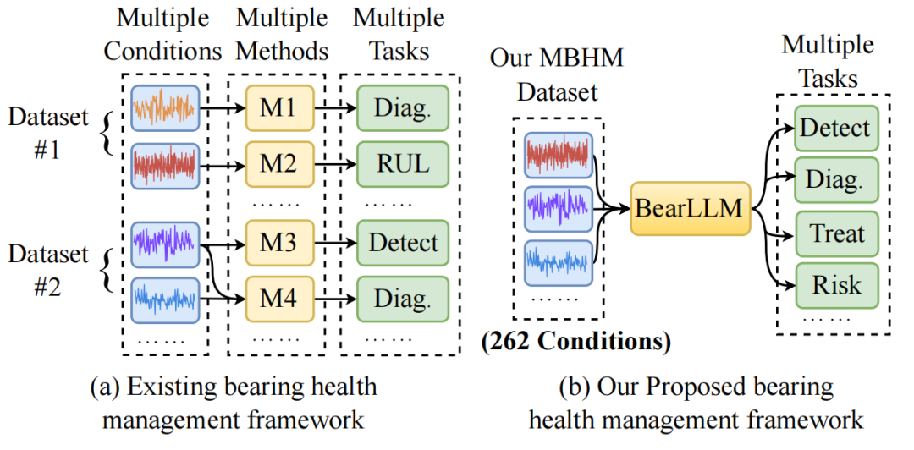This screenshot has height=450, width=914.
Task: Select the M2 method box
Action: tap(280, 164)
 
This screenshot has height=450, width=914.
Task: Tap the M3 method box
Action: tap(280, 243)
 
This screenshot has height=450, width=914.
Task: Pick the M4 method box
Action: tap(280, 299)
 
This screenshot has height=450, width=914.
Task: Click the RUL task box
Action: tap(402, 164)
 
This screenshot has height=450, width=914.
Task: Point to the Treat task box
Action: tap(836, 234)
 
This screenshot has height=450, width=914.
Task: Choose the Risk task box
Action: tap(836, 286)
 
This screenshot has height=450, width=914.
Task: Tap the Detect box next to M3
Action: tap(402, 243)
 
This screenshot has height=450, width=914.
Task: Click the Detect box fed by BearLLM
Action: tap(836, 129)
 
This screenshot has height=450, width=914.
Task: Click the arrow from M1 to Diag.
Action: tap(335, 108)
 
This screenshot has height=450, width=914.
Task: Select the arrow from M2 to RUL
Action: tap(335, 165)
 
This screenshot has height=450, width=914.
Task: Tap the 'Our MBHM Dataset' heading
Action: tap(557, 74)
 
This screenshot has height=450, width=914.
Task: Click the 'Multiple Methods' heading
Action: tap(282, 34)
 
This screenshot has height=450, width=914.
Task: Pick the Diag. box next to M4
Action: tap(402, 299)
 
